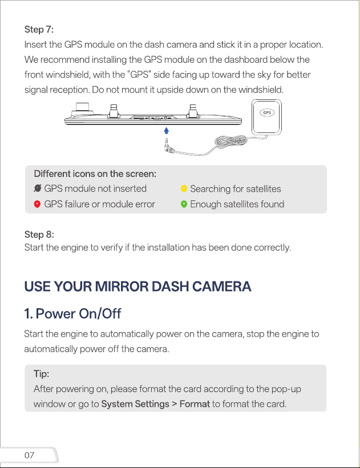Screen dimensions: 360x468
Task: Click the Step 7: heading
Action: click(39, 30)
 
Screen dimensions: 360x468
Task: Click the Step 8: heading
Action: click(39, 235)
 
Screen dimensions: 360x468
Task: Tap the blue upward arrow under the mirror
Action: click(167, 131)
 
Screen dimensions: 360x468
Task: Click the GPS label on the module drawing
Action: click(267, 112)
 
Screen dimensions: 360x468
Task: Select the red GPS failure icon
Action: click(37, 204)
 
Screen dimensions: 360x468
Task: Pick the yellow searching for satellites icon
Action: click(184, 189)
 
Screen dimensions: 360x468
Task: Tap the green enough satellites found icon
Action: click(184, 204)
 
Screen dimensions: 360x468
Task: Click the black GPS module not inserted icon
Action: click(38, 188)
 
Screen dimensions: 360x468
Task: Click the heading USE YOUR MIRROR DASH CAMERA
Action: click(138, 287)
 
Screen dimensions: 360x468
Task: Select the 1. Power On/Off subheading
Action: click(73, 314)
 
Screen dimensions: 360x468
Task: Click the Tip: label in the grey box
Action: click(42, 374)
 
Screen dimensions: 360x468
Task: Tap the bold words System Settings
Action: click(135, 404)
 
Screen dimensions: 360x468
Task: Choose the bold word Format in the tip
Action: click(195, 404)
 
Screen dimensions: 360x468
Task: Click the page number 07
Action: click(29, 455)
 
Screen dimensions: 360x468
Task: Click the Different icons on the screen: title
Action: click(95, 174)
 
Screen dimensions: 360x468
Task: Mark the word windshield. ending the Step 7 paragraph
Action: click(261, 90)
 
